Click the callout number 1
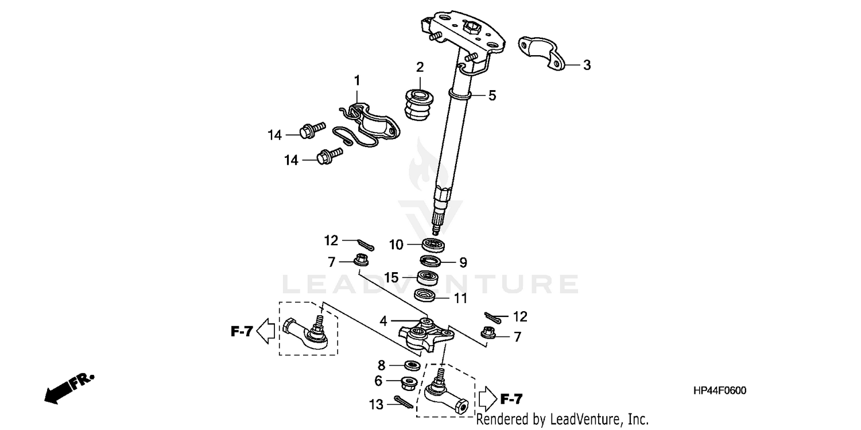356,80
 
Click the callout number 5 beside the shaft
492,96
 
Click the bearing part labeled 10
435,244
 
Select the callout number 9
463,263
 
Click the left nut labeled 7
361,261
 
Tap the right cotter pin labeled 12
492,317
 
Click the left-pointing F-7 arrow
265,331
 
